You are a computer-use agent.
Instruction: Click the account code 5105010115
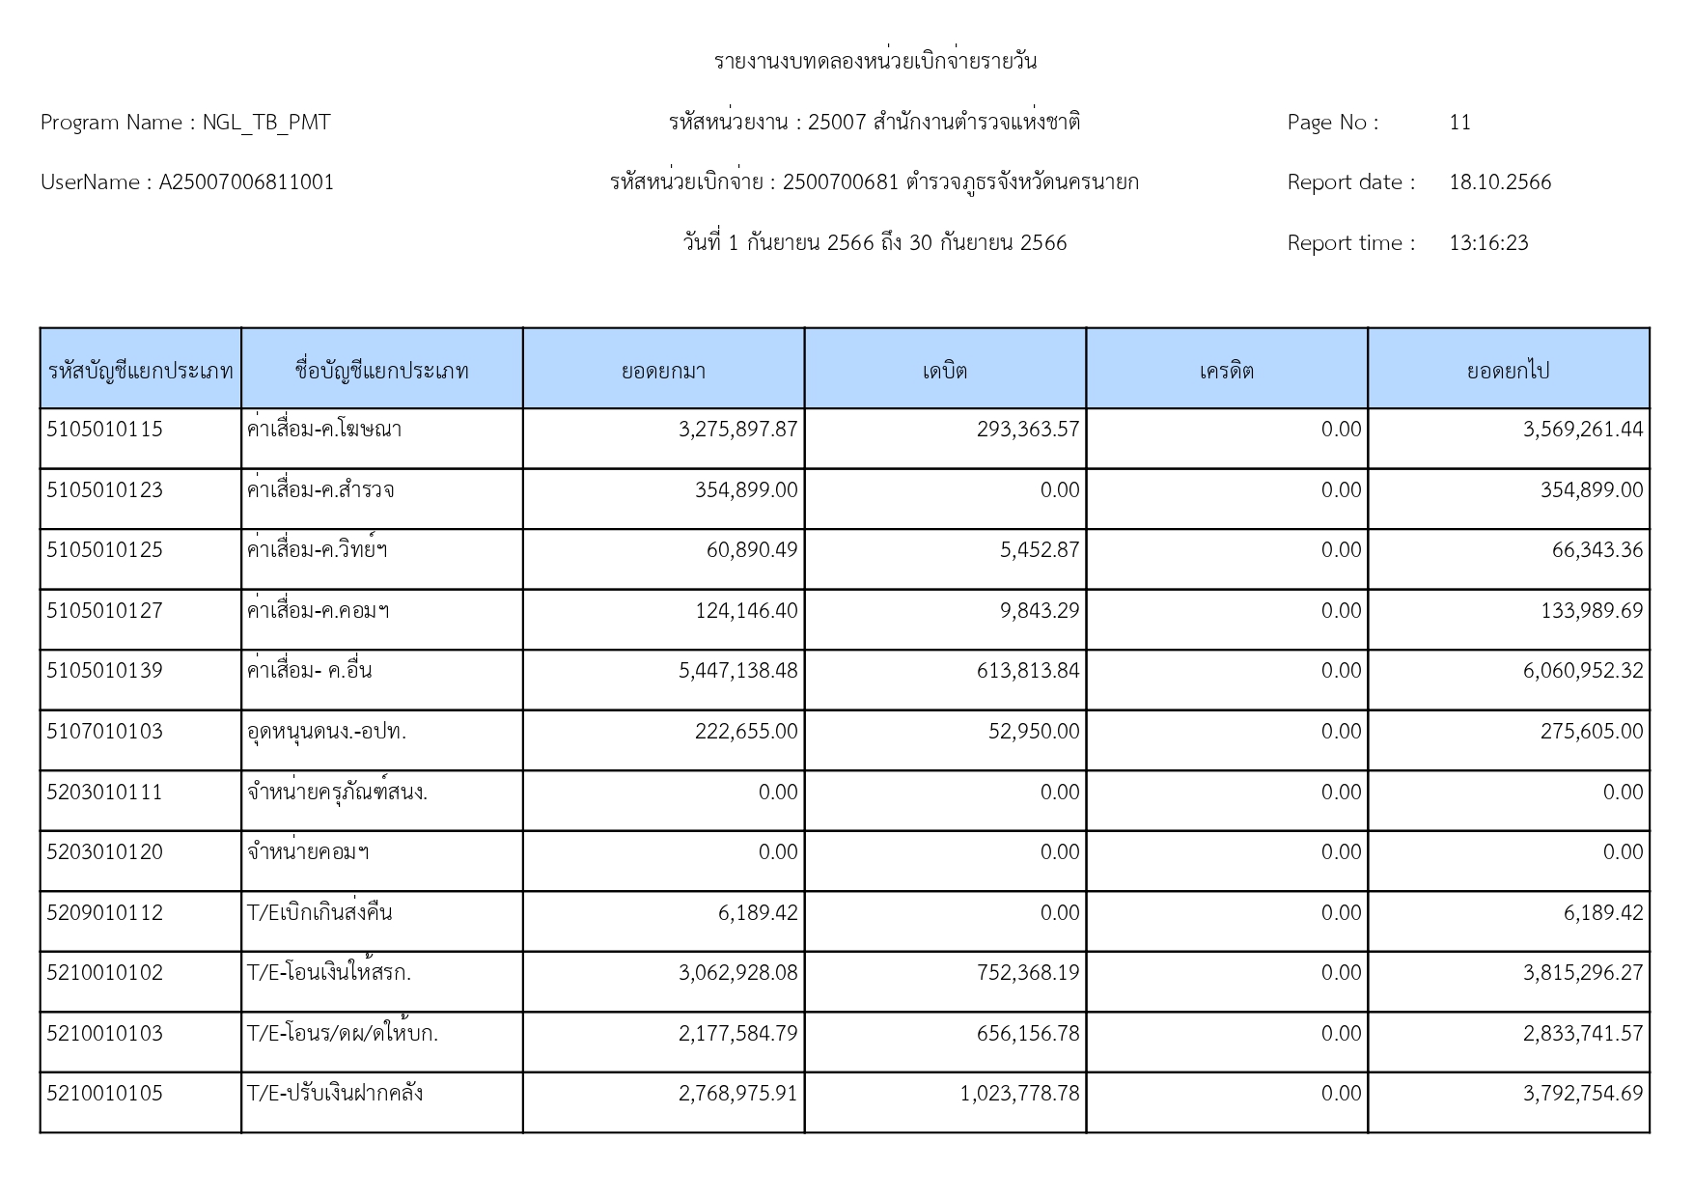(104, 430)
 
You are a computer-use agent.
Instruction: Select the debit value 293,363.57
(1028, 430)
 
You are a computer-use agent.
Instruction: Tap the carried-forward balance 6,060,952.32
(1583, 671)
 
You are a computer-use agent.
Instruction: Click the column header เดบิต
(944, 371)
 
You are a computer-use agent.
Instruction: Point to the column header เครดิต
(1226, 371)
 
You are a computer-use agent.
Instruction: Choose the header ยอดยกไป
(1508, 371)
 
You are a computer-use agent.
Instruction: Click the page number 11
(1459, 123)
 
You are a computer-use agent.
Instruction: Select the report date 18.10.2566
(1500, 182)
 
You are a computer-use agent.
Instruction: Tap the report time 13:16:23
(1488, 243)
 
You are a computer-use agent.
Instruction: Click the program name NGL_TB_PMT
(266, 123)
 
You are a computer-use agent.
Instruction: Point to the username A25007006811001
(246, 182)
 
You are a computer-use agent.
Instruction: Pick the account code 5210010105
(104, 1094)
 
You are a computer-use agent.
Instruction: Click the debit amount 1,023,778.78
(1019, 1094)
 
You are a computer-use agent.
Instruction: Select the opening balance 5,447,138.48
(738, 671)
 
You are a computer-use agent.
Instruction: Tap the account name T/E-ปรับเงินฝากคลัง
(335, 1094)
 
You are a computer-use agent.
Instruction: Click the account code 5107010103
(104, 732)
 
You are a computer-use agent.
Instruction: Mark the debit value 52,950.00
(1034, 732)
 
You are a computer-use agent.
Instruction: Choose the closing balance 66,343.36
(1597, 550)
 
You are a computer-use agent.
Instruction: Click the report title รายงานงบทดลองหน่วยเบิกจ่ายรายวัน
(875, 62)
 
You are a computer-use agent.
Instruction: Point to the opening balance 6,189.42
(758, 913)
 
